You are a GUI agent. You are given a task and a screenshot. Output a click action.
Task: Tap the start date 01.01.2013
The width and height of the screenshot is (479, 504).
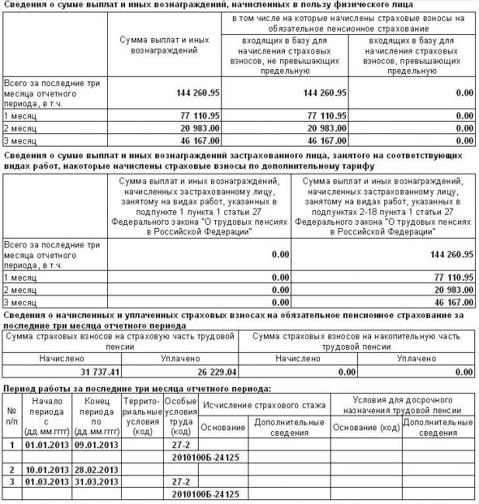(47, 444)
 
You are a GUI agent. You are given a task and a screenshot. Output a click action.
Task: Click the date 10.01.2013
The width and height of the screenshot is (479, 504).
(47, 469)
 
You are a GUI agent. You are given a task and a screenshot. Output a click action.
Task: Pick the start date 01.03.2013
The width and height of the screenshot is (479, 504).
(47, 482)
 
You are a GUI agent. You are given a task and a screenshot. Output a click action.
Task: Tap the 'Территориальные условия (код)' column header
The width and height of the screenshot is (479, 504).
(141, 416)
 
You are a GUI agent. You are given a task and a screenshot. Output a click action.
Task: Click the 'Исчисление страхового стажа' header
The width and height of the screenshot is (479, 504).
(264, 405)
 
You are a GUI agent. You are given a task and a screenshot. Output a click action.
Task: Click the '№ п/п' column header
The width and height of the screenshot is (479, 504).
(12, 416)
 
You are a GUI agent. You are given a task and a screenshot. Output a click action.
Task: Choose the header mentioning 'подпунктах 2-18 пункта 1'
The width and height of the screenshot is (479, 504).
(382, 200)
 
